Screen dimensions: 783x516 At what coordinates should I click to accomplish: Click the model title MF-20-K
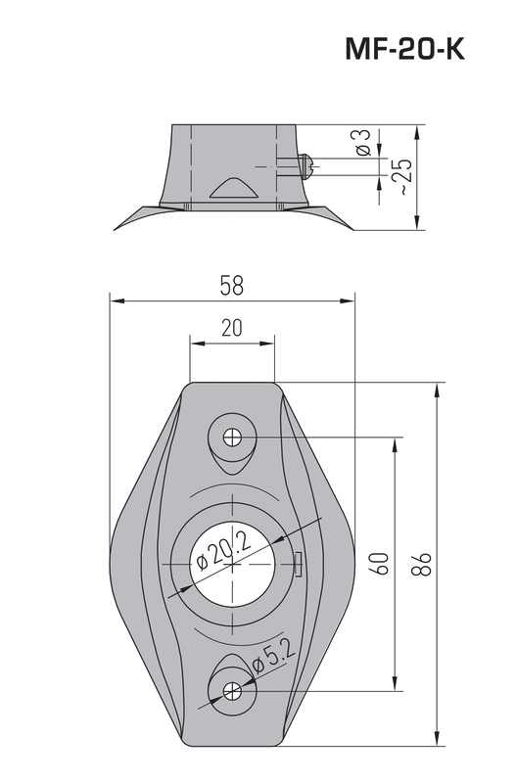pos(403,50)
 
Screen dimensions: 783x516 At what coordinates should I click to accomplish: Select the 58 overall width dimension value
pos(232,286)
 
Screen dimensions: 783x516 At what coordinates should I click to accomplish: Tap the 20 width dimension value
pos(232,329)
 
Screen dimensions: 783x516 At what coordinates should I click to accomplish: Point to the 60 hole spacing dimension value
pos(381,564)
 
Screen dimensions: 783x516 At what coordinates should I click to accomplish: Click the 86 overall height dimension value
pos(422,564)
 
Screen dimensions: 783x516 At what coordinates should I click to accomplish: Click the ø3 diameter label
pos(362,143)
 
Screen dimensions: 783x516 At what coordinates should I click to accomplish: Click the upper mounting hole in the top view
pos(232,437)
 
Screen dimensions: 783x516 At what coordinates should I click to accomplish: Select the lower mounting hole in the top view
pos(232,690)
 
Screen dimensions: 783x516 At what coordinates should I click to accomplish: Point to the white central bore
pos(232,564)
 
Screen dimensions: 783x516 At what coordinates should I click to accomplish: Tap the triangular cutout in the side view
pos(233,191)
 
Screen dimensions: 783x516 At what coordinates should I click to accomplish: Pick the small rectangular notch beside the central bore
pos(298,559)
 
